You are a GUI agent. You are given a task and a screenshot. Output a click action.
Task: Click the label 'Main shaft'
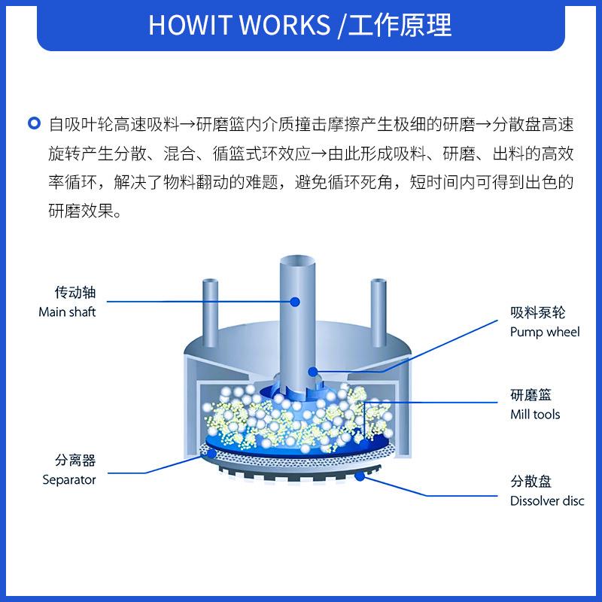(x=67, y=312)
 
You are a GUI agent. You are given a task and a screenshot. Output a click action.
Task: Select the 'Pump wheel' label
(x=545, y=332)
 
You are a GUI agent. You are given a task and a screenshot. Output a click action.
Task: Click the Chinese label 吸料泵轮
(x=537, y=312)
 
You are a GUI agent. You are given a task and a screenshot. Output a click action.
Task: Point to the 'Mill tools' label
(x=535, y=414)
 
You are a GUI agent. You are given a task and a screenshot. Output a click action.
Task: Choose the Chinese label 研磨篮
(x=531, y=394)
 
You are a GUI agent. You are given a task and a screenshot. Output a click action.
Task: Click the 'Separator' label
(x=69, y=479)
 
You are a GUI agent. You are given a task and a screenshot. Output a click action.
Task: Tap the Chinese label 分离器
(x=75, y=461)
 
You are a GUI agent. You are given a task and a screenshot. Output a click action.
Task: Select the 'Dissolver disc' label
(x=547, y=501)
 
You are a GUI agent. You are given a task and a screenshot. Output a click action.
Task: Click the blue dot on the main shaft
(x=295, y=302)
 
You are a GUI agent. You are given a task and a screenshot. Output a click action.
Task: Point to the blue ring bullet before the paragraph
(x=32, y=123)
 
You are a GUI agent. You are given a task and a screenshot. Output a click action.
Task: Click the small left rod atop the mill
(x=208, y=301)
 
